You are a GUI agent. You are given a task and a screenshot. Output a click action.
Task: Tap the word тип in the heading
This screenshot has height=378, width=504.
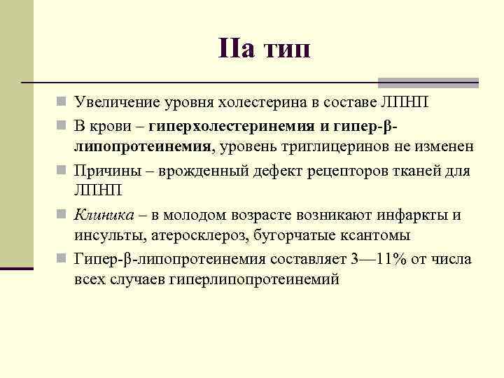click(285, 50)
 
